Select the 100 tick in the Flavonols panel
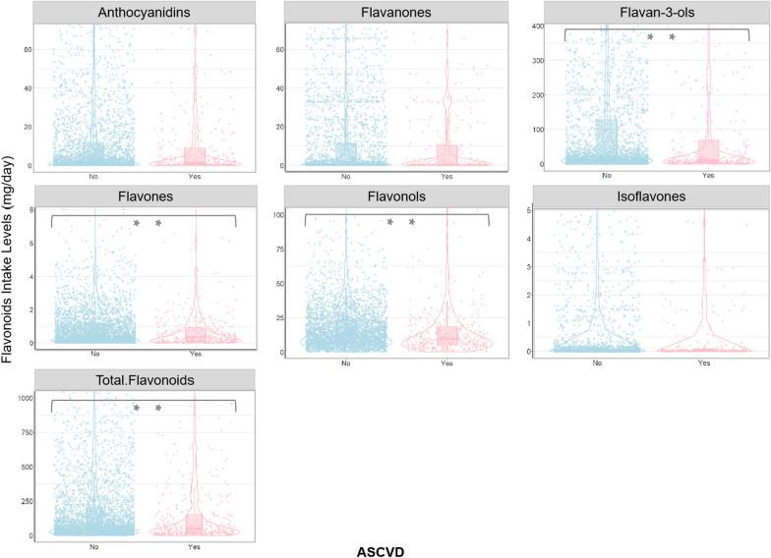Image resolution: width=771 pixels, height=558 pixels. point(280,215)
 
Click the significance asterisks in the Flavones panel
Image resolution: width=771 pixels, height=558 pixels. point(147,224)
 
